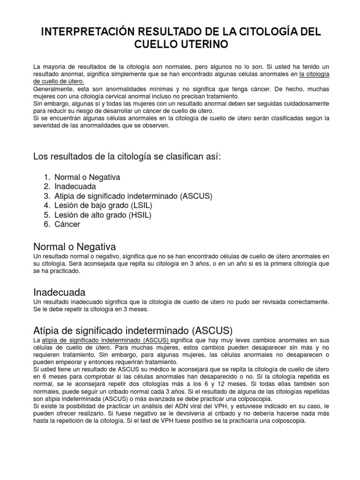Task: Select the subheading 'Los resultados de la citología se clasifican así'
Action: click(x=127, y=156)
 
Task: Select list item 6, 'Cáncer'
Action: click(x=67, y=225)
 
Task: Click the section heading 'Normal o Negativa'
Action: click(x=75, y=247)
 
